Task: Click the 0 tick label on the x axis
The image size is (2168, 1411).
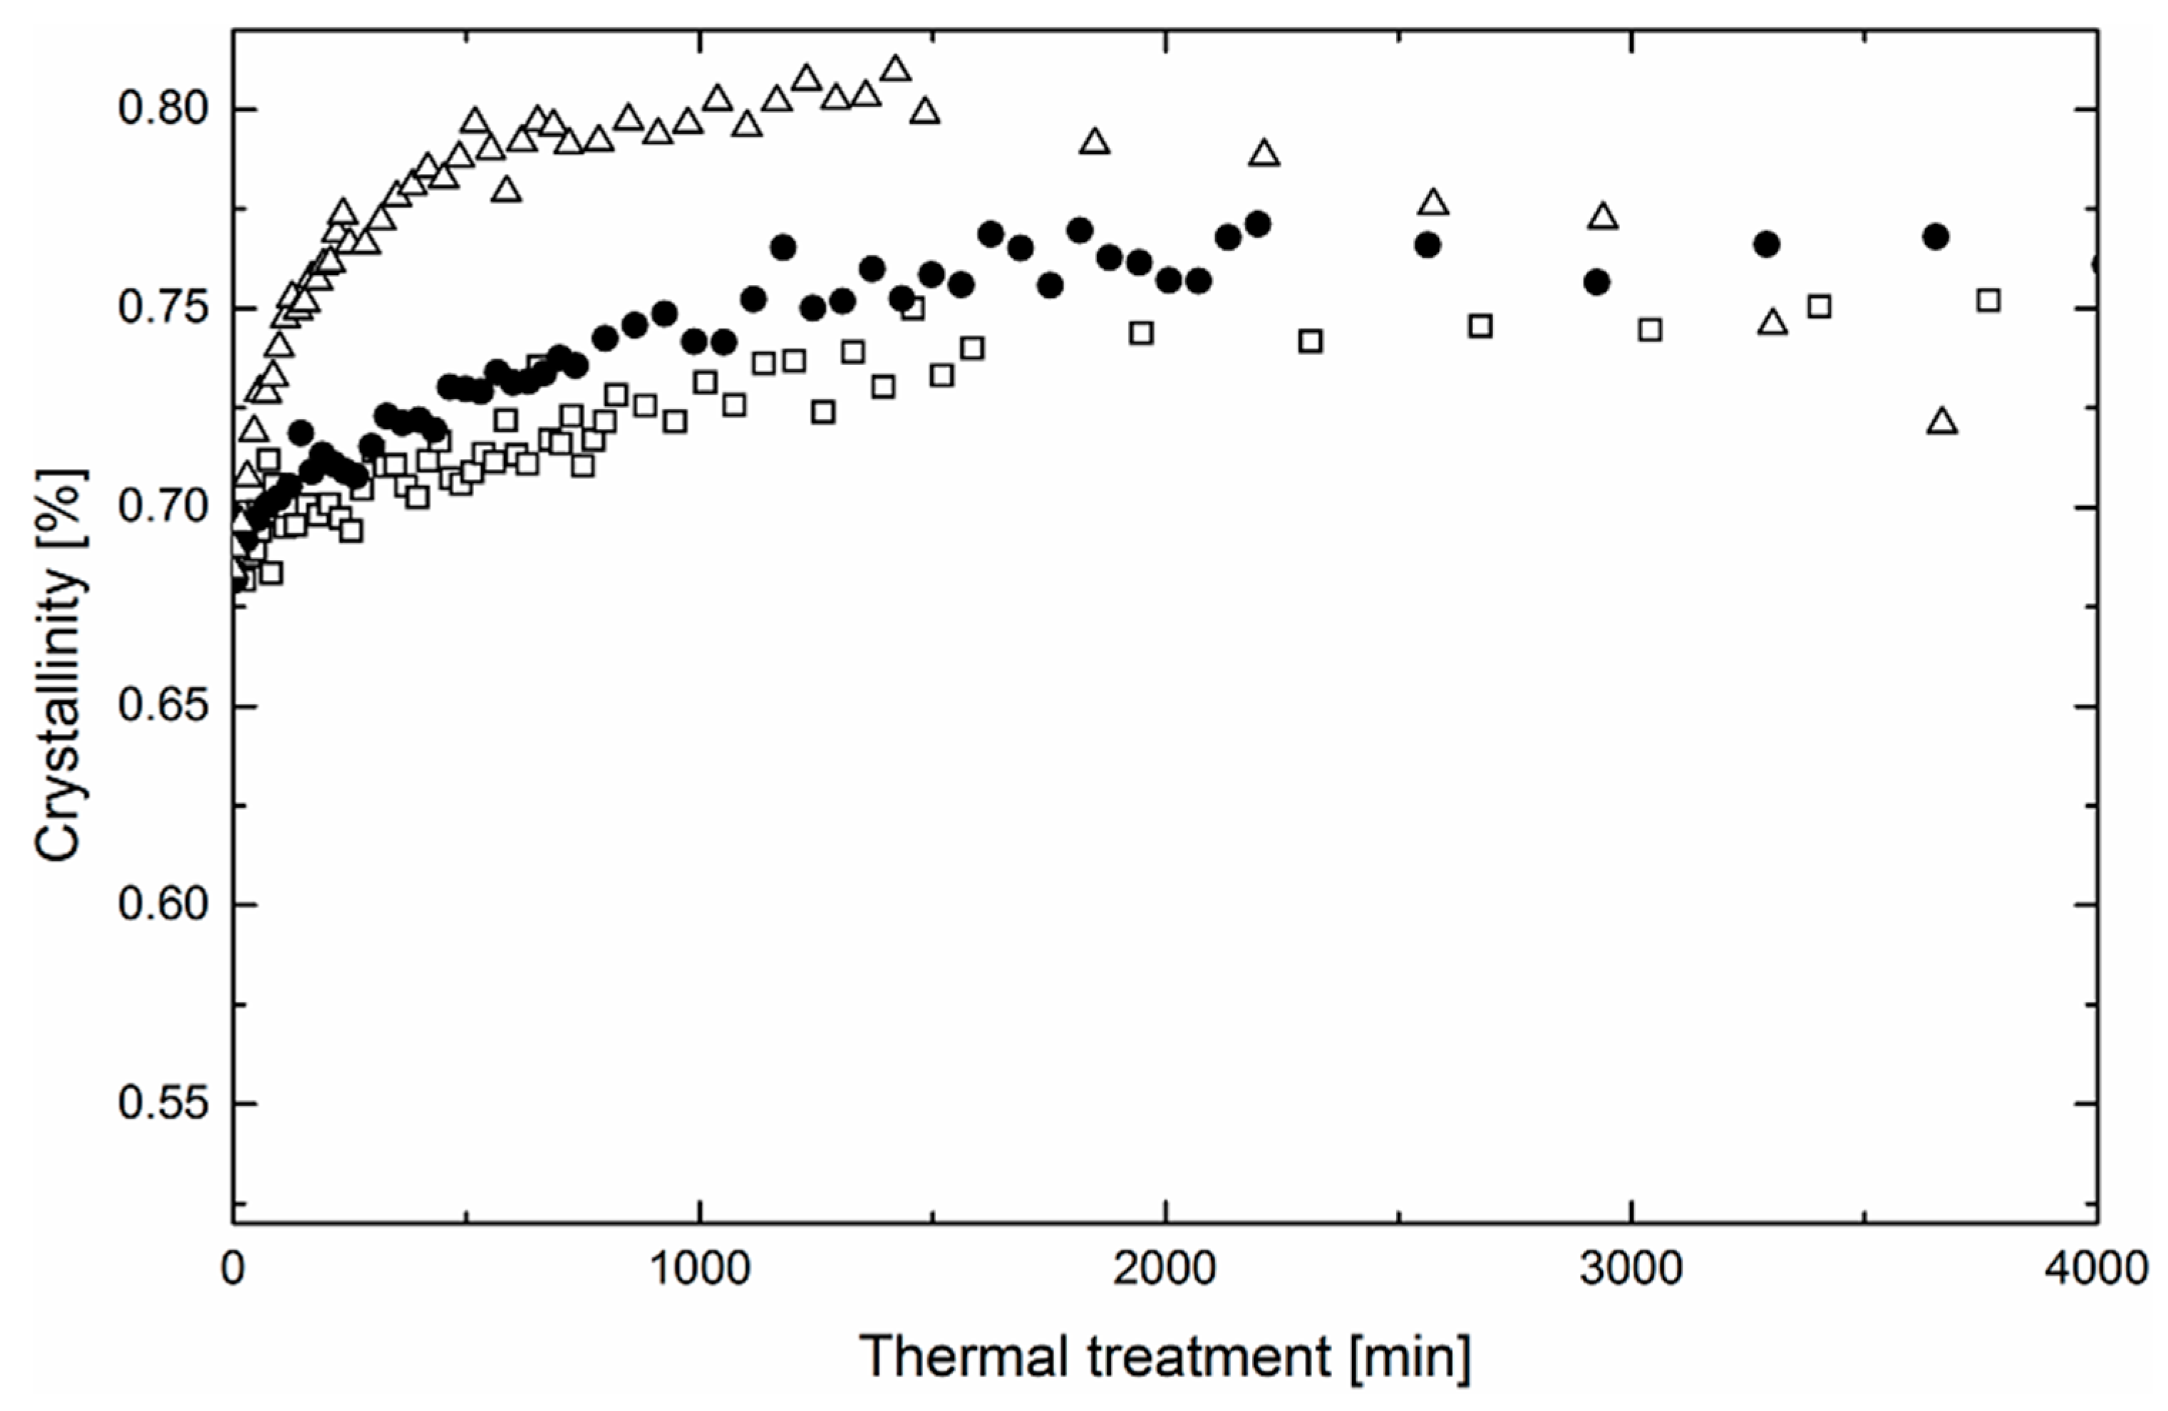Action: point(233,1269)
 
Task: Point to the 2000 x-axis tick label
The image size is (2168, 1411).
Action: point(1165,1269)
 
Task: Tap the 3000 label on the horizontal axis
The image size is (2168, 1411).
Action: point(1631,1269)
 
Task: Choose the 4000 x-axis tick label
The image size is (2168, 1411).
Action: point(2096,1269)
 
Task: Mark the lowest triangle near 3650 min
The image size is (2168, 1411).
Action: point(1942,422)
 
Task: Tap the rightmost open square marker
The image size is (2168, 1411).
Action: point(1988,300)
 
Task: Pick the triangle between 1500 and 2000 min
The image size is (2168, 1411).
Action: point(1094,142)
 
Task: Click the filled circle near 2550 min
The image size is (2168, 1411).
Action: point(1428,245)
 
